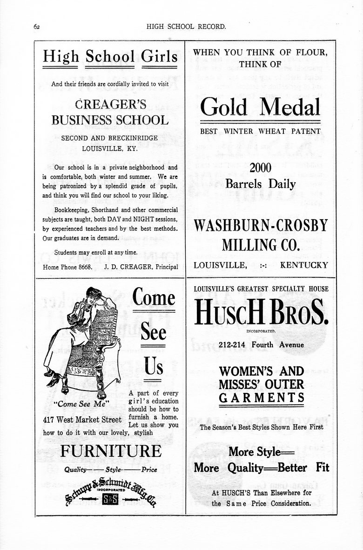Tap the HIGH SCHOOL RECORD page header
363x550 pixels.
tap(186, 27)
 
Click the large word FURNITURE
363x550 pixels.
tap(111, 451)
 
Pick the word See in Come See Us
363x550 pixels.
tap(153, 332)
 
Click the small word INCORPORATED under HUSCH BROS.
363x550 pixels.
tap(261, 330)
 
